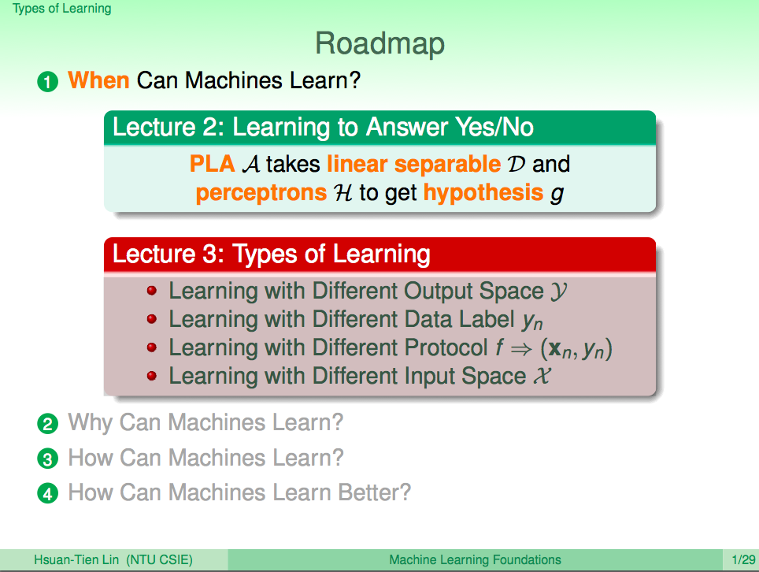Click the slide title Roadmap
coord(379,44)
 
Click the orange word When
coord(98,80)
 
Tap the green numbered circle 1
coord(47,82)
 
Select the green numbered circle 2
coord(47,424)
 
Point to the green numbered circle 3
coord(47,459)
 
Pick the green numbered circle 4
coord(47,493)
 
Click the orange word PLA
coord(212,164)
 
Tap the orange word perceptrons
coord(261,193)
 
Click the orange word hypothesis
coord(483,193)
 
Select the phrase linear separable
coord(414,164)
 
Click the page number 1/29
coord(743,560)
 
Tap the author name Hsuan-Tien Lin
coord(76,560)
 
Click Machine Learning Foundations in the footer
coord(475,560)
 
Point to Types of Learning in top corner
coord(62,9)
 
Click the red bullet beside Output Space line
coord(151,291)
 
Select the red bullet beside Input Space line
coord(151,376)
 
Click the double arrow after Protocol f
coord(521,349)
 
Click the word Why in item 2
coord(90,423)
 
